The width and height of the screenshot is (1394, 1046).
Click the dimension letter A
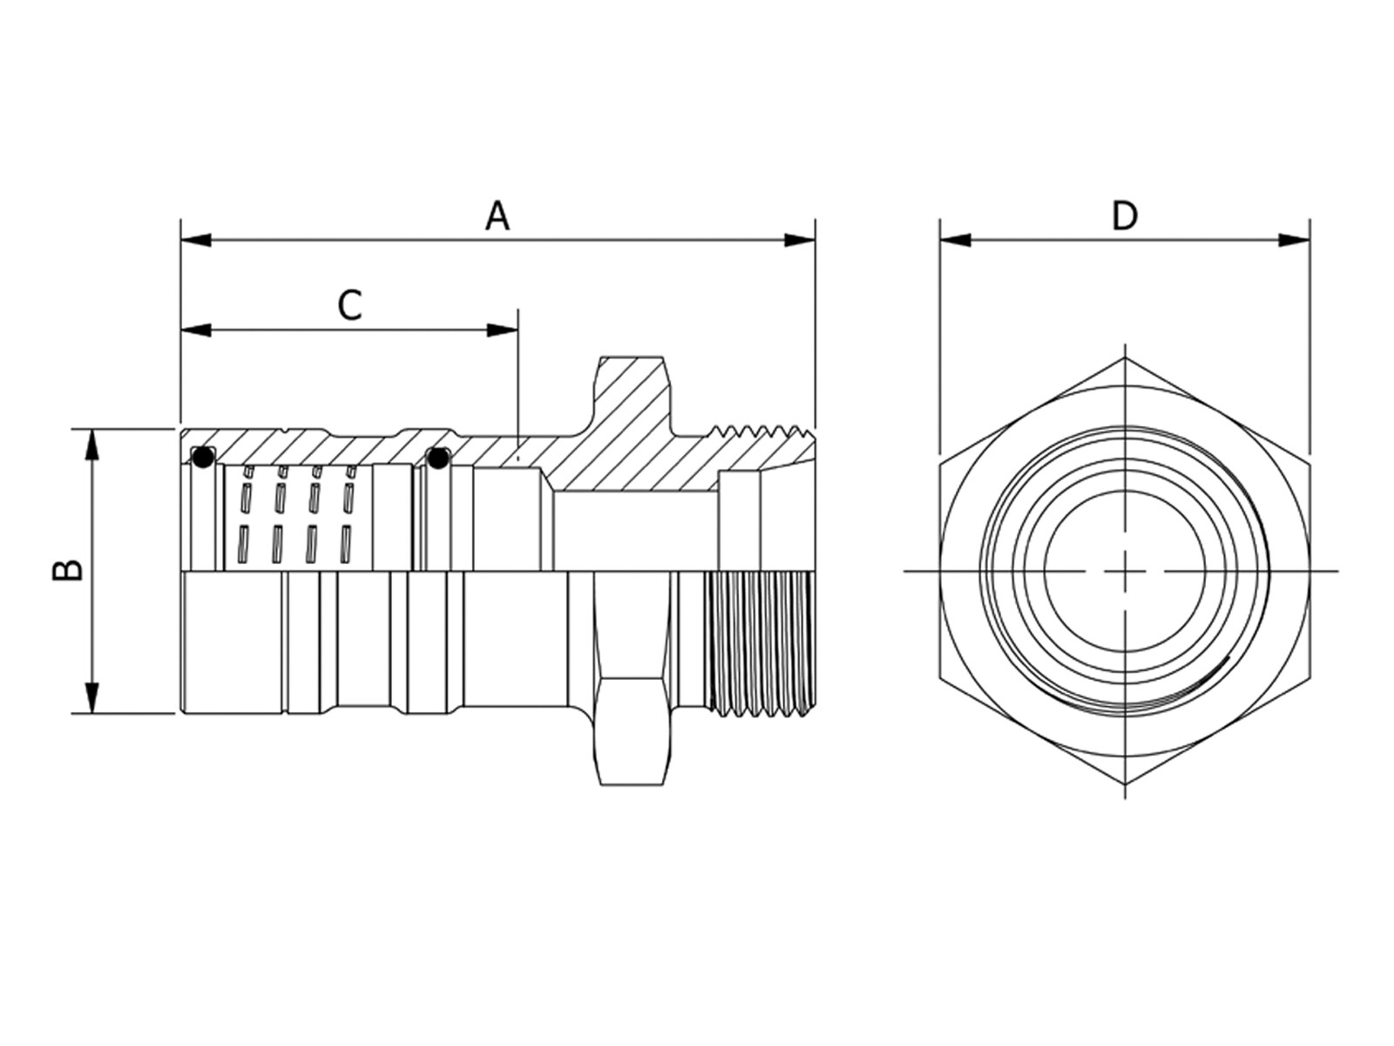point(497,216)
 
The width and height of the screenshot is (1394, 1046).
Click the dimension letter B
point(67,570)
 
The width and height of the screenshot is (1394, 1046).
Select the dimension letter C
point(349,305)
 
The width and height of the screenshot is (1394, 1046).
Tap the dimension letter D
point(1124,216)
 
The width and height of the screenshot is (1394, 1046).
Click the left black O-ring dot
point(203,458)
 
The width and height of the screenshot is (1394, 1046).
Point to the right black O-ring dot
point(437,458)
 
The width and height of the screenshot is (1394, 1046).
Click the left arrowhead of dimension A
point(196,240)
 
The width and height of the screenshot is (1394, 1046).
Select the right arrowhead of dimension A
point(800,240)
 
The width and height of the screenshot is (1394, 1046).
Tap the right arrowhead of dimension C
point(503,330)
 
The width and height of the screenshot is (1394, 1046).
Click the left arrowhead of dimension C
point(196,330)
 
